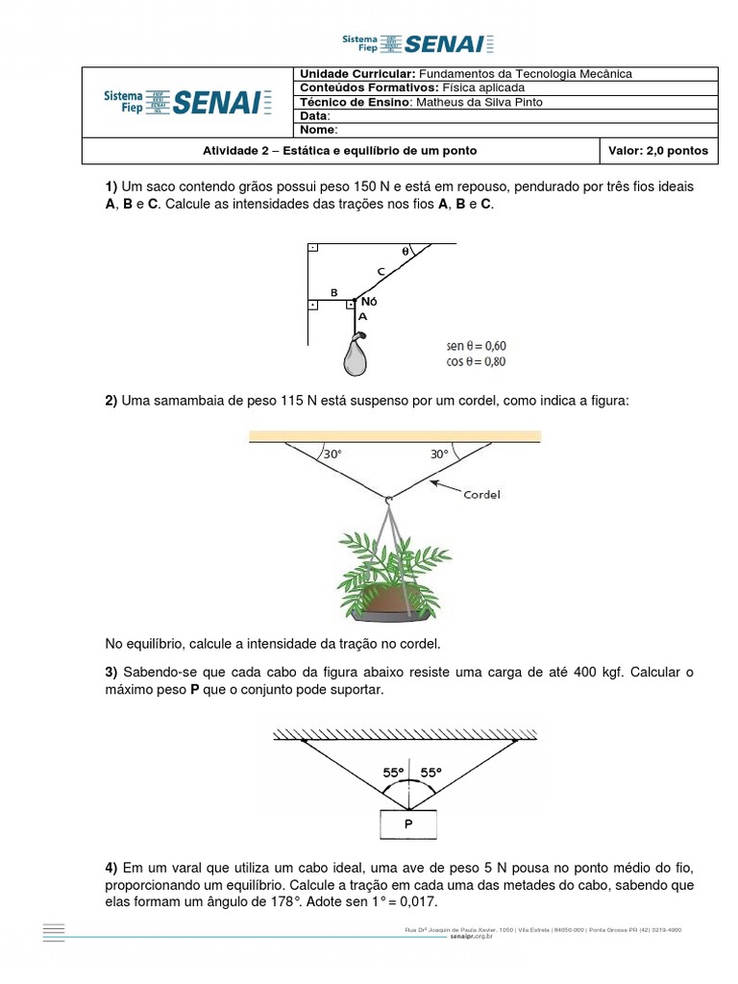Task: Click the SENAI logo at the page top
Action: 418,42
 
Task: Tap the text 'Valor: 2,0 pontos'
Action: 658,151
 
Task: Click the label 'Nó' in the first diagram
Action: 368,302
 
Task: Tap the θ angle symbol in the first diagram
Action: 406,251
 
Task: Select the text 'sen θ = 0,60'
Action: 476,346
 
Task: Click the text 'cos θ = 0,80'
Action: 476,362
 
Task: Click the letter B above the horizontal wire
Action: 332,291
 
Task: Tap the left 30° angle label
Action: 332,455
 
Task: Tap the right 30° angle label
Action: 439,455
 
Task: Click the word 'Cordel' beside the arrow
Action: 482,496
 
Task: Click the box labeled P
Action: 408,824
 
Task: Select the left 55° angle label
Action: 392,772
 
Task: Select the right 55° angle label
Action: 430,772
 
